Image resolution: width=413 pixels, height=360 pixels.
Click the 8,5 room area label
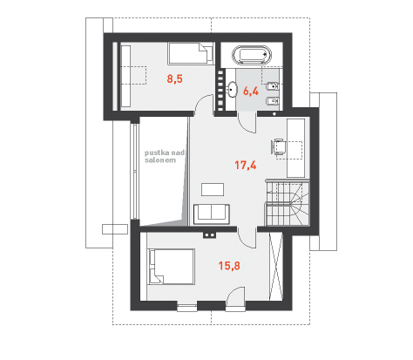pos(174,78)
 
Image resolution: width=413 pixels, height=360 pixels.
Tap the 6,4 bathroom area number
pos(251,92)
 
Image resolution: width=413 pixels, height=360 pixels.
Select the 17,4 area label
pos(246,166)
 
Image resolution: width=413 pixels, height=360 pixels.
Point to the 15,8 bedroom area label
pos(229,266)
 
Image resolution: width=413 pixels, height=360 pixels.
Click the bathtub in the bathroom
pos(252,55)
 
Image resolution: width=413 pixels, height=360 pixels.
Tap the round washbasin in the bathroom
pos(232,89)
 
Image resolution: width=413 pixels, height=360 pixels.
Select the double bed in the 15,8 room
pos(171,266)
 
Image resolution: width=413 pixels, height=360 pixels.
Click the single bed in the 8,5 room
pos(191,53)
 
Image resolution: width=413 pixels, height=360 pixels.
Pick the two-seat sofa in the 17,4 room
pos(212,214)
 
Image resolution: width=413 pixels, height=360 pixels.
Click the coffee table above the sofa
pos(213,189)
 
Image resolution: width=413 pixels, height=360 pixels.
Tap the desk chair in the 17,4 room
pos(278,147)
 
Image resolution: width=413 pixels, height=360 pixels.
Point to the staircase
pos(288,204)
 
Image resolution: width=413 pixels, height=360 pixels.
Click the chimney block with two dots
pos(209,234)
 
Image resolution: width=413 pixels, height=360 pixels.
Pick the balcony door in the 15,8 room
pos(235,298)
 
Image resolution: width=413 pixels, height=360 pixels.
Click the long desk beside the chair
pos(295,147)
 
